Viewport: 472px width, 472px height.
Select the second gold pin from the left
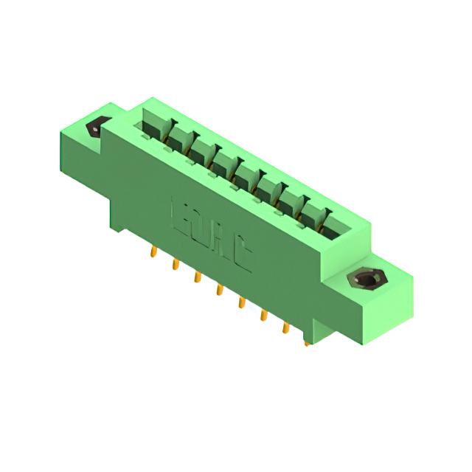pyautogui.click(x=176, y=264)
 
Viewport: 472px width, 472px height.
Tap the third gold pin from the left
pyautogui.click(x=197, y=277)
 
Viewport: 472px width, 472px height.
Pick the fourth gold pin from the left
pyautogui.click(x=219, y=290)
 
